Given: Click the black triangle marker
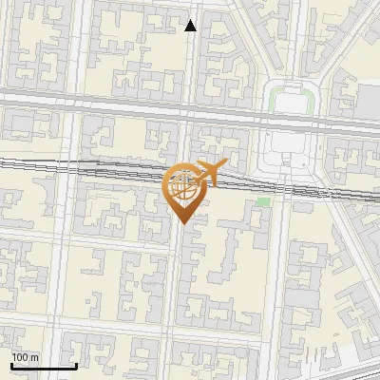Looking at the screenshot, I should click(x=191, y=26).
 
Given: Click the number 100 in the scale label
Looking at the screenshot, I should click(x=21, y=357).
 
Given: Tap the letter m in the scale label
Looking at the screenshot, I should click(x=35, y=357).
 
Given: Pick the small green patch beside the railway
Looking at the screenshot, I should click(x=263, y=201).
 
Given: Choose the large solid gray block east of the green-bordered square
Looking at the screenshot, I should click(x=369, y=101).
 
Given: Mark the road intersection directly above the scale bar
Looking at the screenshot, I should click(x=60, y=328).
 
